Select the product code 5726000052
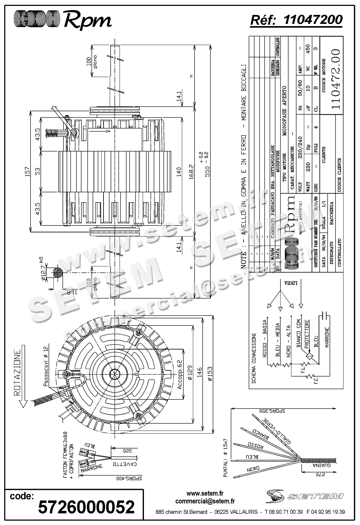(x=86, y=507)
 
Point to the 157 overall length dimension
(x=27, y=171)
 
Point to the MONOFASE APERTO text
(x=284, y=111)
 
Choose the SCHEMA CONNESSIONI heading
(x=254, y=358)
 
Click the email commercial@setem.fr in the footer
(x=205, y=501)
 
